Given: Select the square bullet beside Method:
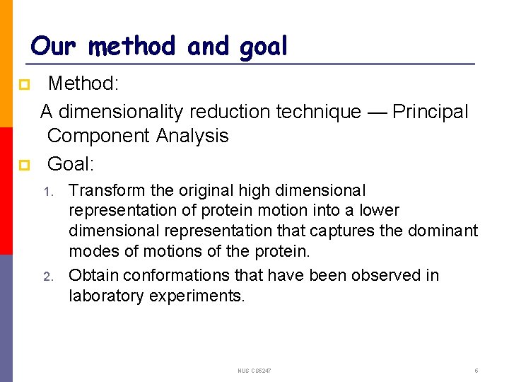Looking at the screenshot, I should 23,85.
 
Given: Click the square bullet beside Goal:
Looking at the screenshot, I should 23,166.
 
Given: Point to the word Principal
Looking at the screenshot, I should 430,112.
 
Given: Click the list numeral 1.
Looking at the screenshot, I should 47,192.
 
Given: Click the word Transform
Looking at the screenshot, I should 103,191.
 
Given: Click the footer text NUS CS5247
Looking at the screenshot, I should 255,371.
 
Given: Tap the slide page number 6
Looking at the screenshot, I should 476,371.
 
